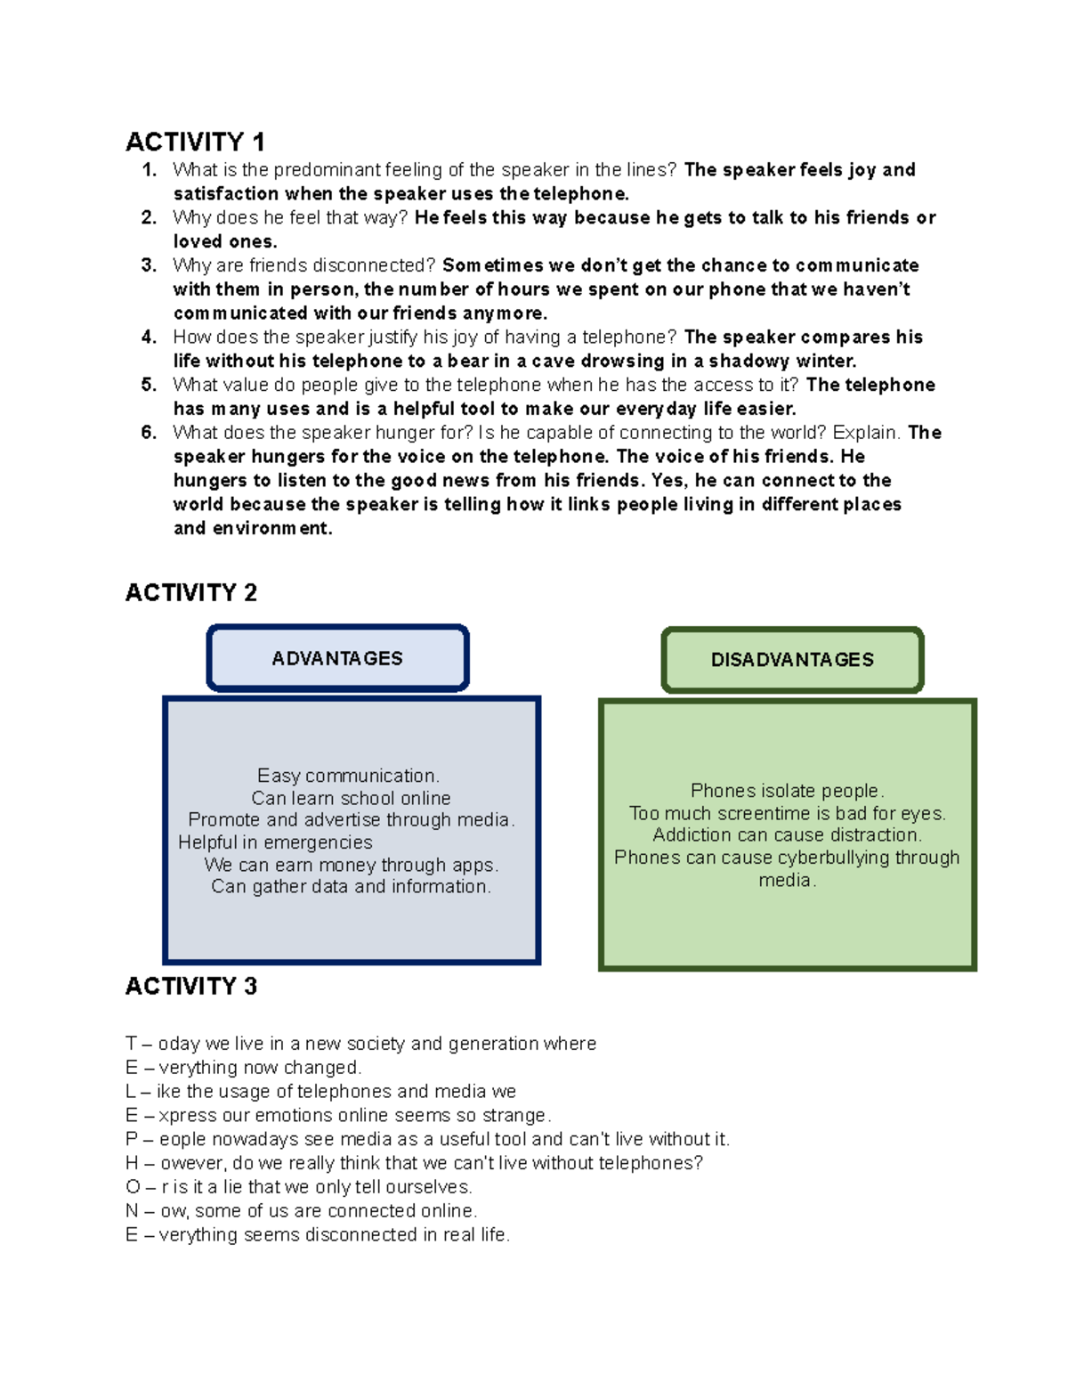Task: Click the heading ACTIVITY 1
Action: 195,142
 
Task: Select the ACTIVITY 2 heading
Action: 190,593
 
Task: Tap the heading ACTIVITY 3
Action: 190,987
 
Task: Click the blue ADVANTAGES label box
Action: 337,659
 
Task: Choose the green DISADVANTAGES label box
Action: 792,660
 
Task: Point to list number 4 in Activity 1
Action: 149,338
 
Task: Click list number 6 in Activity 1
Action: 149,433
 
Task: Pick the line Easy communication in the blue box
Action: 348,776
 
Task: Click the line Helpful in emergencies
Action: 275,842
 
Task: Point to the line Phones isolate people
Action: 787,791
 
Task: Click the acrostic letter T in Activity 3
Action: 131,1044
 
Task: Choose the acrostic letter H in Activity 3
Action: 132,1164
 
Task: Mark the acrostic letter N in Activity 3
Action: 132,1211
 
